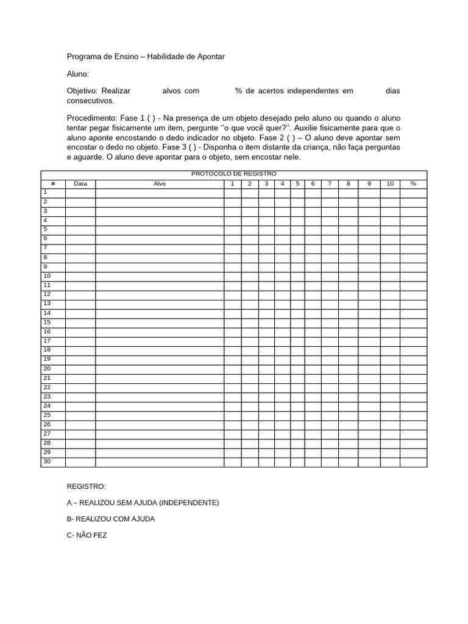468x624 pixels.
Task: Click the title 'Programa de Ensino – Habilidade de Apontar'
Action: [146, 57]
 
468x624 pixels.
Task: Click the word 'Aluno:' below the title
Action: [77, 74]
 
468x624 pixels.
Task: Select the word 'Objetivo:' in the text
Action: [82, 91]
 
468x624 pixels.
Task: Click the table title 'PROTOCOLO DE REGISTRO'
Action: [233, 174]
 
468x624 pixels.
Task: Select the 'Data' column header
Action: [80, 183]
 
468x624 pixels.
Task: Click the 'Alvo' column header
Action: [160, 183]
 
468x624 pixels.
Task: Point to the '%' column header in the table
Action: [413, 183]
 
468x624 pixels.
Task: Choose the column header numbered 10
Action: [390, 183]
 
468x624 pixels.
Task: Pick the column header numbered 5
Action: [297, 183]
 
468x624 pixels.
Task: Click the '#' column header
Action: [53, 183]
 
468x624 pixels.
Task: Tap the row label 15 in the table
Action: [47, 322]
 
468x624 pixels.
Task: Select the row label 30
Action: [47, 461]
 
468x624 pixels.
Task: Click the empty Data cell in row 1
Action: [80, 193]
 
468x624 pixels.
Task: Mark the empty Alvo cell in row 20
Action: [160, 369]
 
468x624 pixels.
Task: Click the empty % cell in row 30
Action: [413, 462]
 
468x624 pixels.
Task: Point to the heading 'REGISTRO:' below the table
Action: [86, 486]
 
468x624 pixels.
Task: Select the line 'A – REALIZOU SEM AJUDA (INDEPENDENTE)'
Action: [143, 503]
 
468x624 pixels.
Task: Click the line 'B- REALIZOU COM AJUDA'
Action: [110, 519]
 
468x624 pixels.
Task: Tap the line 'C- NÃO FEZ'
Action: [87, 536]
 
